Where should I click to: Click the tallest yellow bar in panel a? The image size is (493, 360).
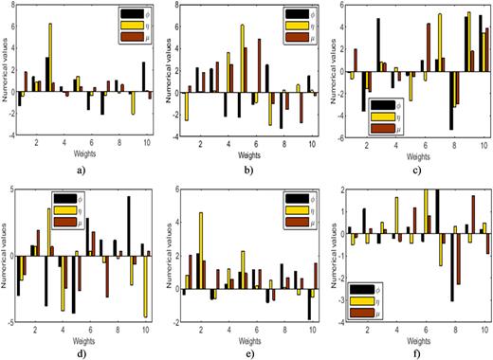tap(49, 57)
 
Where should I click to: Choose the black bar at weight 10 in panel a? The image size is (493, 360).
tap(144, 77)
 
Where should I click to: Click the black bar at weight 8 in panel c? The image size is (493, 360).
tap(451, 101)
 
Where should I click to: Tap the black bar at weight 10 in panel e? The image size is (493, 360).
tap(309, 304)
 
